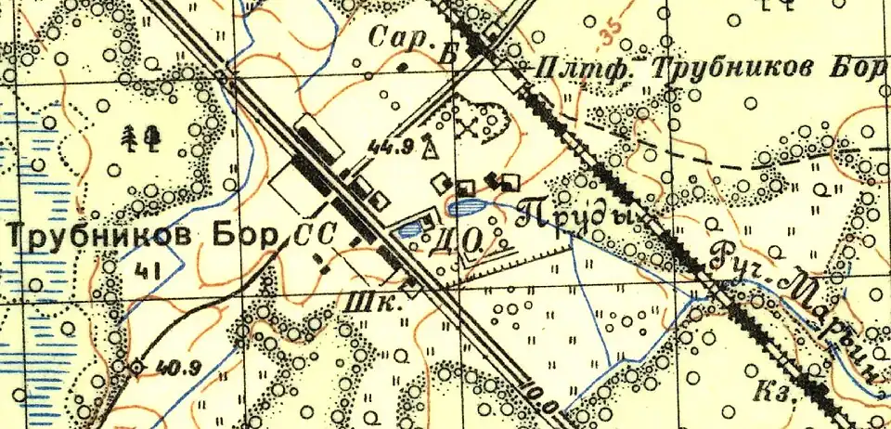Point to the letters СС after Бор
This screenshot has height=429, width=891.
pos(312,237)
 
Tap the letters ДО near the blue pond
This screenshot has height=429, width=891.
pos(457,244)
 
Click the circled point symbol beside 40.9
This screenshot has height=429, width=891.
pos(137,366)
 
